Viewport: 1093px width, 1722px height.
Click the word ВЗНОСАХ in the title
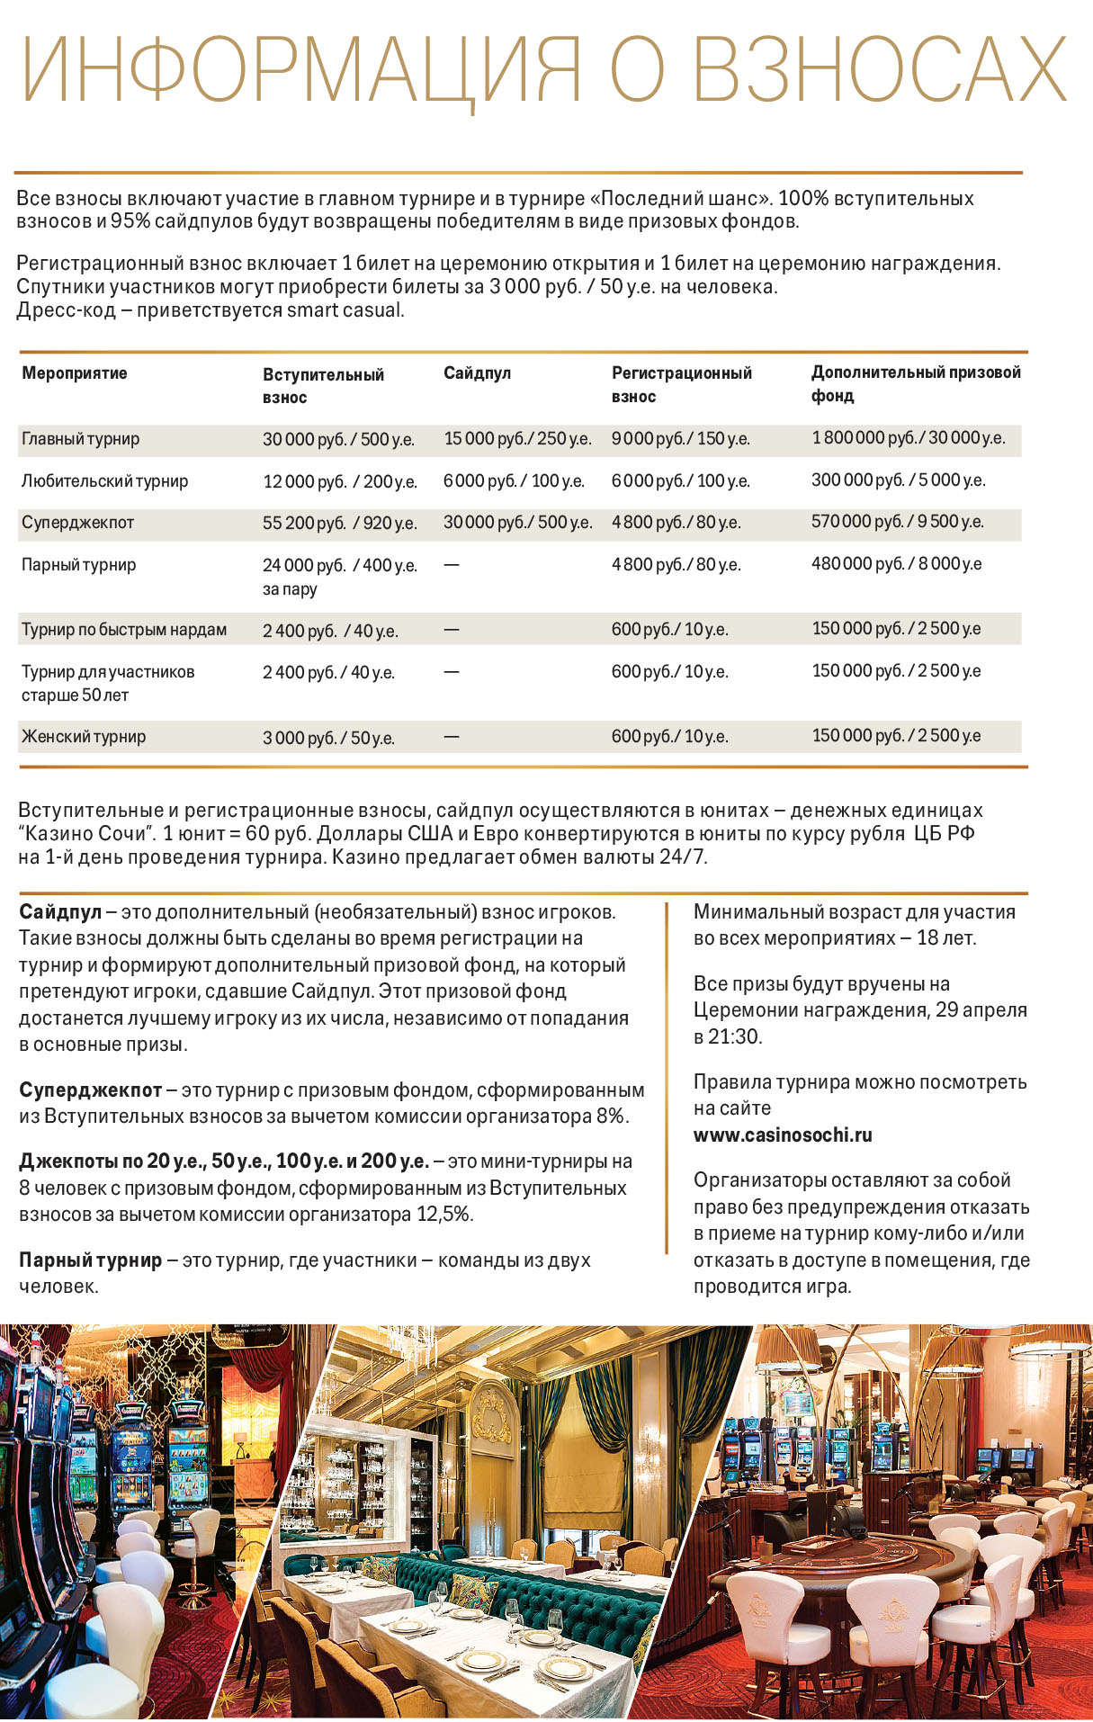881,70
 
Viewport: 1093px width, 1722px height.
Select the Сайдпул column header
477,373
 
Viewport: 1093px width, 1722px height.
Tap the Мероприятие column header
75,373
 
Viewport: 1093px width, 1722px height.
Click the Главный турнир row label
81,439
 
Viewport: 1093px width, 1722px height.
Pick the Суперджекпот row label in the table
77,522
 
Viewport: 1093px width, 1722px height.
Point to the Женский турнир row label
84,737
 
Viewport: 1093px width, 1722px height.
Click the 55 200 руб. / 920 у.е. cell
339,523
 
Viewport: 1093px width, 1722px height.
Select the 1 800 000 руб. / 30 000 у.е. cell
908,438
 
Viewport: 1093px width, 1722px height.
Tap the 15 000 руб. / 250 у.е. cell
517,439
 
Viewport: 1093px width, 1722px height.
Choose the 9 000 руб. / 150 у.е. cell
680,439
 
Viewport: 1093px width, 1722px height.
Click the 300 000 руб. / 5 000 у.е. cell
898,480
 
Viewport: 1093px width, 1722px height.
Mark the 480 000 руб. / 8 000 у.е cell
896,564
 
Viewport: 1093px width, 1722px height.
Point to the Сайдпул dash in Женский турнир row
452,737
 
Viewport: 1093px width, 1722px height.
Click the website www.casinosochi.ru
783,1135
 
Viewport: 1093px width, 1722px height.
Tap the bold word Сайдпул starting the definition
60,912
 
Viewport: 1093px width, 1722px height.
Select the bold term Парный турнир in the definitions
91,1260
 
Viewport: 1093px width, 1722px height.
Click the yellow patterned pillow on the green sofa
474,1594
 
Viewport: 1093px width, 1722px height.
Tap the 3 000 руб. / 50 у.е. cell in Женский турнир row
328,738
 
